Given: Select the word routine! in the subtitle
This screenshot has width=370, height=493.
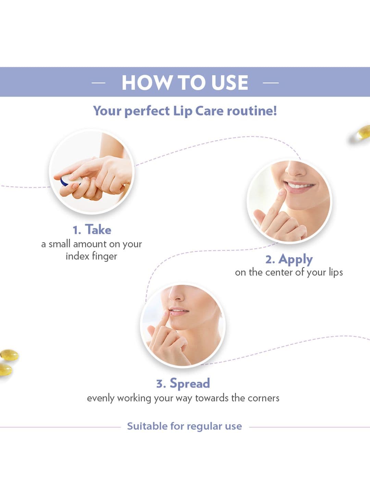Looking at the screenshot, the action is [x=252, y=111].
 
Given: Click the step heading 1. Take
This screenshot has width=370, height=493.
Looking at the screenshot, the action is [x=92, y=229].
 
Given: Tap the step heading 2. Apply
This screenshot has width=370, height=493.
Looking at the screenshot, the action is [x=289, y=260].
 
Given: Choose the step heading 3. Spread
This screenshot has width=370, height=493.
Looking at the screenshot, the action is [x=183, y=383].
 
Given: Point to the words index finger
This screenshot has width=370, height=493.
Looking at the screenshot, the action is [x=91, y=256].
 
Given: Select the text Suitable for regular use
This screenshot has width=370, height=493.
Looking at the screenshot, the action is [x=184, y=426].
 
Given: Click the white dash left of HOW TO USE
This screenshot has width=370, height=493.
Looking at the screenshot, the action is [x=98, y=83].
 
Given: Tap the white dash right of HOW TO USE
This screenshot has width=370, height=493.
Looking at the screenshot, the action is [x=271, y=83].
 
